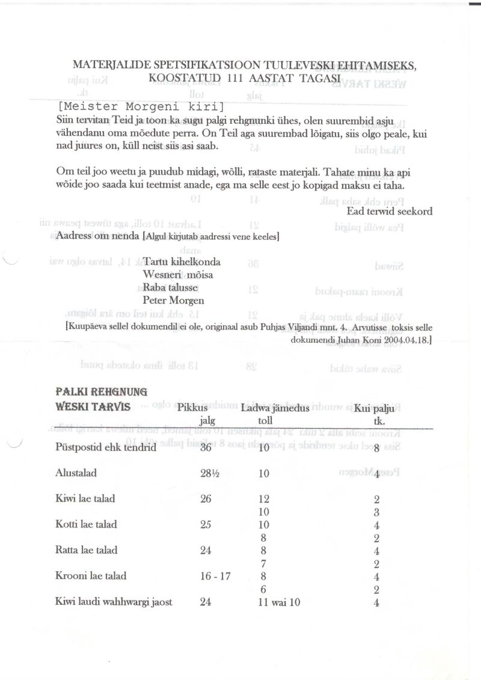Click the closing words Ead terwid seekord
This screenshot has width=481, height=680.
point(389,211)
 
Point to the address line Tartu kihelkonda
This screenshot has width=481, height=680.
point(182,262)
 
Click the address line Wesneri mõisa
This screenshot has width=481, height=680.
point(178,275)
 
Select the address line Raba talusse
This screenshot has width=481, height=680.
point(170,287)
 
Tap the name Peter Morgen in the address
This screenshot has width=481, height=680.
point(173,300)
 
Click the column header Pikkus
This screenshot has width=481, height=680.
point(192,408)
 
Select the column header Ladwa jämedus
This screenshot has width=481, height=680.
point(275,408)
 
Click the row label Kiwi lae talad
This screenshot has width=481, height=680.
point(85,498)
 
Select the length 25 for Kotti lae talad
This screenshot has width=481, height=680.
point(206,524)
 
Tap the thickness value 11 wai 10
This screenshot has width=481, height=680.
point(279,602)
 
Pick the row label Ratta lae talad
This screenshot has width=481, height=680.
point(86,550)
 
